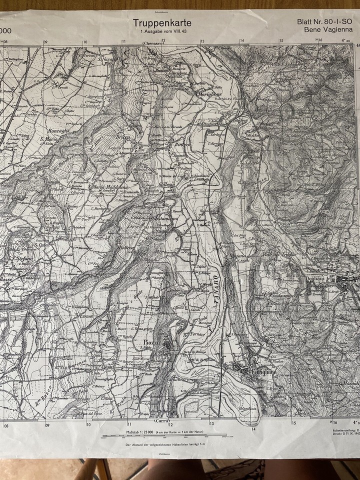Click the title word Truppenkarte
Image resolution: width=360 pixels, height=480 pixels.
tap(162, 23)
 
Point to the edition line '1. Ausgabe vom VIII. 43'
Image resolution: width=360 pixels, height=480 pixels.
tap(162, 32)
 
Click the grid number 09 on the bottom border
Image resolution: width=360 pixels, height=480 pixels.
tap(47, 426)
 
